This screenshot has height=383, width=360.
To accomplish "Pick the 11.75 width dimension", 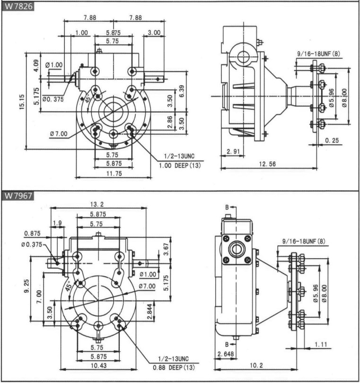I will (x=113, y=174).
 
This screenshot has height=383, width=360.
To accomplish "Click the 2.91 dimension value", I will (x=232, y=151).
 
